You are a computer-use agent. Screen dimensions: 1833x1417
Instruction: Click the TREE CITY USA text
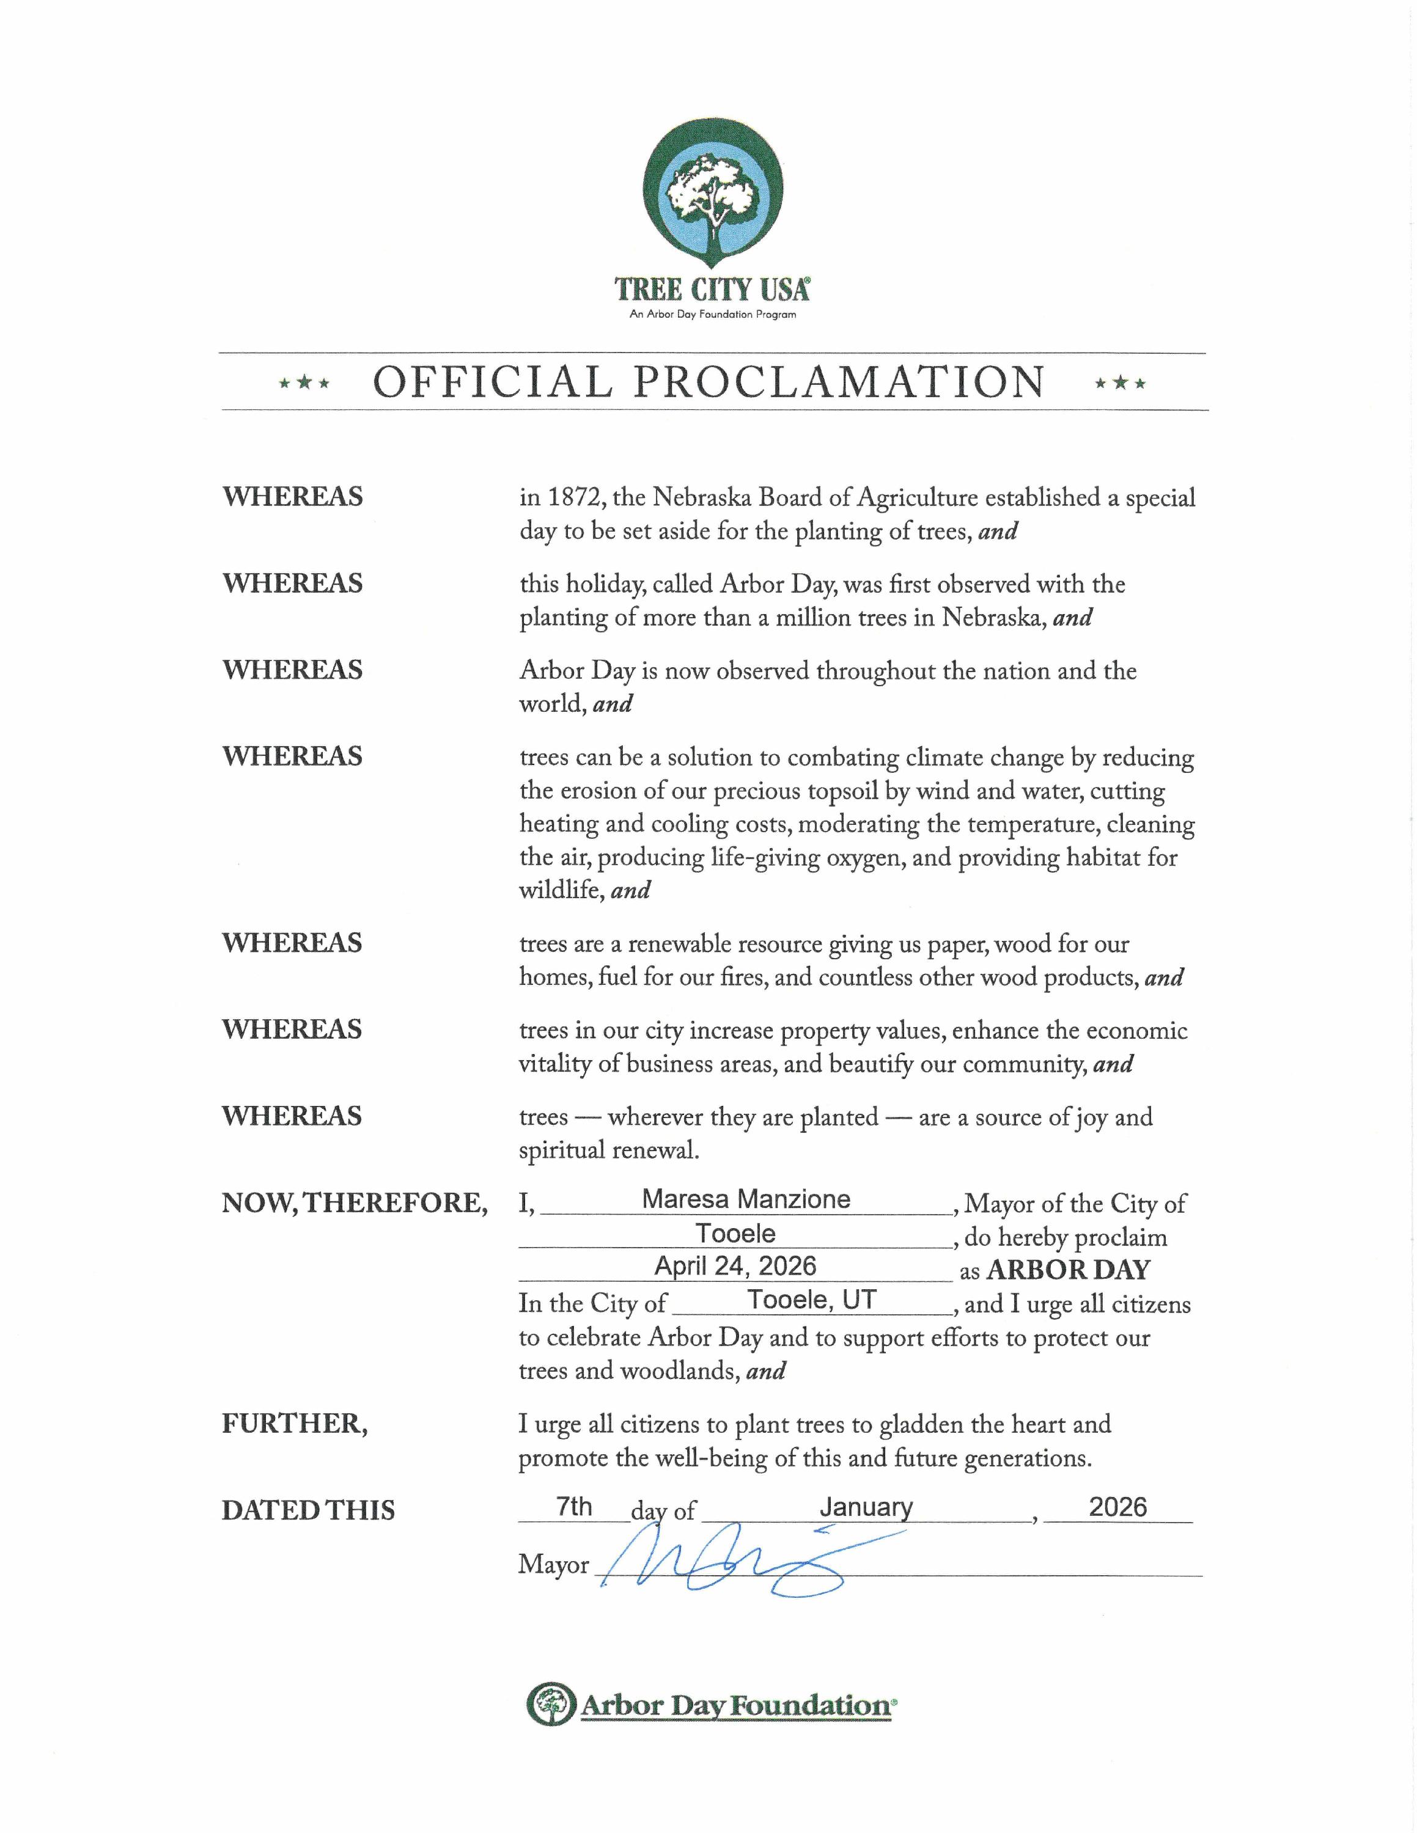coord(712,290)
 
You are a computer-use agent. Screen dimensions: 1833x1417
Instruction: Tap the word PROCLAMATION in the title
coord(839,382)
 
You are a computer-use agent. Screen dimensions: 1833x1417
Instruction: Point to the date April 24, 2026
coord(735,1265)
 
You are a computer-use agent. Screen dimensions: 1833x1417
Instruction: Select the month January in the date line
coord(866,1507)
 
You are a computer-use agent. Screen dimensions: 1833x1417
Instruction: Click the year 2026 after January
coord(1117,1507)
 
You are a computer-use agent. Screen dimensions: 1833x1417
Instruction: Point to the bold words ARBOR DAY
coord(1068,1270)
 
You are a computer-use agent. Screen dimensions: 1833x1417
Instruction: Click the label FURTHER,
coord(295,1424)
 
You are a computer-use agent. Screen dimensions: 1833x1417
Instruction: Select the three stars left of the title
coord(304,384)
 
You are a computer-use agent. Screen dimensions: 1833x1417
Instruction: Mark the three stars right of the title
coord(1120,384)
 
